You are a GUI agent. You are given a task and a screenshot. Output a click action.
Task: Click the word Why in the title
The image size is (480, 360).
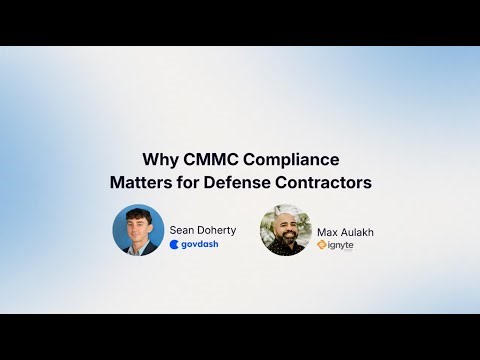pyautogui.click(x=160, y=159)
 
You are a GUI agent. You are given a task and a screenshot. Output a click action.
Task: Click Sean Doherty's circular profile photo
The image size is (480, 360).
pyautogui.click(x=138, y=230)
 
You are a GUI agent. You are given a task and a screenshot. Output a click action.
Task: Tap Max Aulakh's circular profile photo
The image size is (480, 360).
pyautogui.click(x=286, y=231)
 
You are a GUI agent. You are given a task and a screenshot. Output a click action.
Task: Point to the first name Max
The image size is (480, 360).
pyautogui.click(x=328, y=231)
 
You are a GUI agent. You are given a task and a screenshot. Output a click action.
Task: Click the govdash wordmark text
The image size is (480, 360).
pyautogui.click(x=199, y=244)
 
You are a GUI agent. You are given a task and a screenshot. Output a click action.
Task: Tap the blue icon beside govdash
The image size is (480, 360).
pyautogui.click(x=174, y=244)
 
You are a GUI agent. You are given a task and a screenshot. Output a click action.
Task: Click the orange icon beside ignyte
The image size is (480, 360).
pyautogui.click(x=320, y=245)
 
